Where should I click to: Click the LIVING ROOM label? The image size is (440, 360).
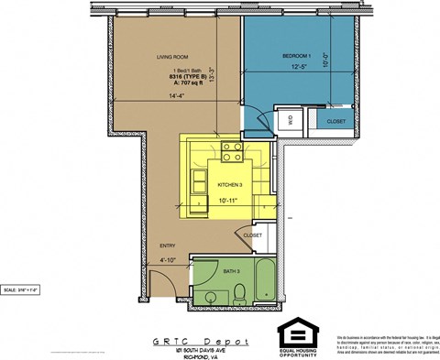pyautogui.click(x=172, y=57)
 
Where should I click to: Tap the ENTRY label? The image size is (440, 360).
pyautogui.click(x=168, y=245)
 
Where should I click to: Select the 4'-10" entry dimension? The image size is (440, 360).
pyautogui.click(x=167, y=262)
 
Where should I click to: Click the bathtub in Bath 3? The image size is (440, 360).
pyautogui.click(x=265, y=282)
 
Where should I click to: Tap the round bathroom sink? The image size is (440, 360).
pyautogui.click(x=211, y=296)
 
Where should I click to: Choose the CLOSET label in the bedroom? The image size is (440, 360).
pyautogui.click(x=336, y=121)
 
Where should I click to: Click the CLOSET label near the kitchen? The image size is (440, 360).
pyautogui.click(x=254, y=235)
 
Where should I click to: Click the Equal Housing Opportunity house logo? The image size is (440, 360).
pyautogui.click(x=295, y=332)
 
